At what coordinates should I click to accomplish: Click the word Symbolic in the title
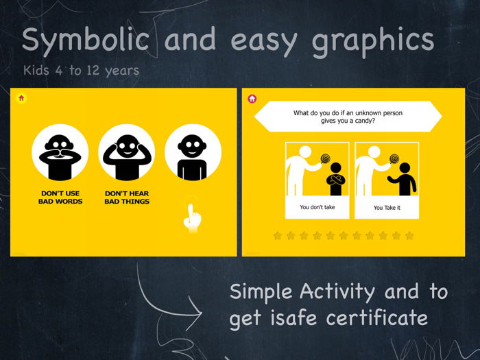(85, 40)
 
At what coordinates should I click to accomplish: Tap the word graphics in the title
(373, 40)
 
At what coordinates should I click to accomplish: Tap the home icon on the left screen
(21, 98)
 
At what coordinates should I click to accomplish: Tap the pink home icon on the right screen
(252, 99)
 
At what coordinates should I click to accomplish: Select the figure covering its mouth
(60, 152)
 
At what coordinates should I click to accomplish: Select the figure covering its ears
(126, 152)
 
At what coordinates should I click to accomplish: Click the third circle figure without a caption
(193, 152)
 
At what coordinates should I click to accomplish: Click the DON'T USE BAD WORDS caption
(60, 197)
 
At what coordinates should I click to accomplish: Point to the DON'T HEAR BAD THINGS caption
(127, 197)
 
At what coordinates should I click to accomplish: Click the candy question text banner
(348, 117)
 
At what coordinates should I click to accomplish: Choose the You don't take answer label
(317, 207)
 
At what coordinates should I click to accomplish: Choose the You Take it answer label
(387, 207)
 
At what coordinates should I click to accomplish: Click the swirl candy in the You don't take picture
(326, 159)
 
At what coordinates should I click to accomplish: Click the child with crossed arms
(336, 179)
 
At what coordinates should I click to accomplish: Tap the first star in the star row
(278, 236)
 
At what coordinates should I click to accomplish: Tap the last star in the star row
(409, 236)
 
